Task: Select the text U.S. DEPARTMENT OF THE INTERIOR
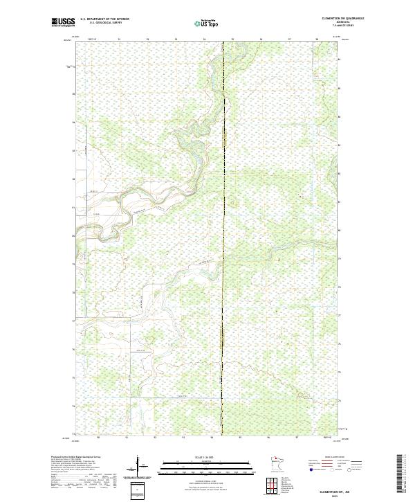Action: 104,19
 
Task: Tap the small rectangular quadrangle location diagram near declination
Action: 136,490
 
